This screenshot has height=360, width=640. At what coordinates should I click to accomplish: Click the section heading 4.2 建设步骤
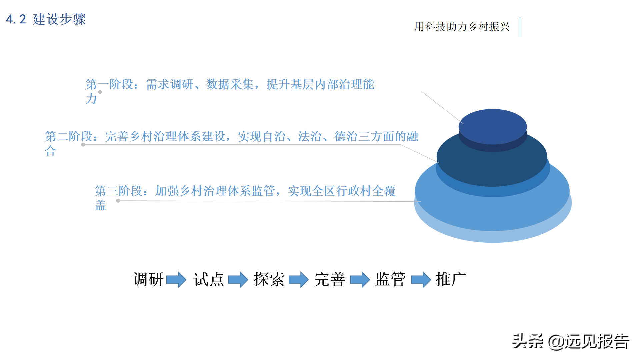point(46,19)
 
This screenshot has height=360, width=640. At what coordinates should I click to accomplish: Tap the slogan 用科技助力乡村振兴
point(462,27)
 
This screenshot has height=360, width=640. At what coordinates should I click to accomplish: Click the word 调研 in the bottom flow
point(148,279)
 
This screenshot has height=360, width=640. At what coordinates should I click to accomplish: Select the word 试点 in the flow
point(209,279)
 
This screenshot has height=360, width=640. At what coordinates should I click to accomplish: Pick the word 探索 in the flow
point(269,279)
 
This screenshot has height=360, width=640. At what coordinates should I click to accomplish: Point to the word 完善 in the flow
point(330,279)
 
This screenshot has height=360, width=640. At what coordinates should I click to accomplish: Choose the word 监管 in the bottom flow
point(390,279)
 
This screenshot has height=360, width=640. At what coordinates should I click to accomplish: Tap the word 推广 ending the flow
point(451,279)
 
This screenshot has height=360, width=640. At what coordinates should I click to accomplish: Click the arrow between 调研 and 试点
point(176,279)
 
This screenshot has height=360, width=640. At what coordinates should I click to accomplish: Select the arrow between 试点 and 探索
point(238,279)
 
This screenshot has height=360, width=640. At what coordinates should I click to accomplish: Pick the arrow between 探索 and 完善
point(299,279)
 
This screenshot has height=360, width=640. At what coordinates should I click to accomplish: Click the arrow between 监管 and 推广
point(421,279)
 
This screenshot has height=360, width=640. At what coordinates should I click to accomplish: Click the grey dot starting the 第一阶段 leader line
point(100,92)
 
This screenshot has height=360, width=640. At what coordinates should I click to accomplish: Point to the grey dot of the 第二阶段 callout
point(83,145)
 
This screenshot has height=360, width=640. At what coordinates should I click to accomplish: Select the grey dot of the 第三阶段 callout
point(118,201)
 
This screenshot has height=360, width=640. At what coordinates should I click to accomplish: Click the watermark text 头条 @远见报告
point(570,341)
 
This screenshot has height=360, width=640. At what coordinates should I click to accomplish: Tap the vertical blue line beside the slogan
point(520,27)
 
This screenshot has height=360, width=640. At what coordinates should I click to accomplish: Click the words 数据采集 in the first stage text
point(230,84)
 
